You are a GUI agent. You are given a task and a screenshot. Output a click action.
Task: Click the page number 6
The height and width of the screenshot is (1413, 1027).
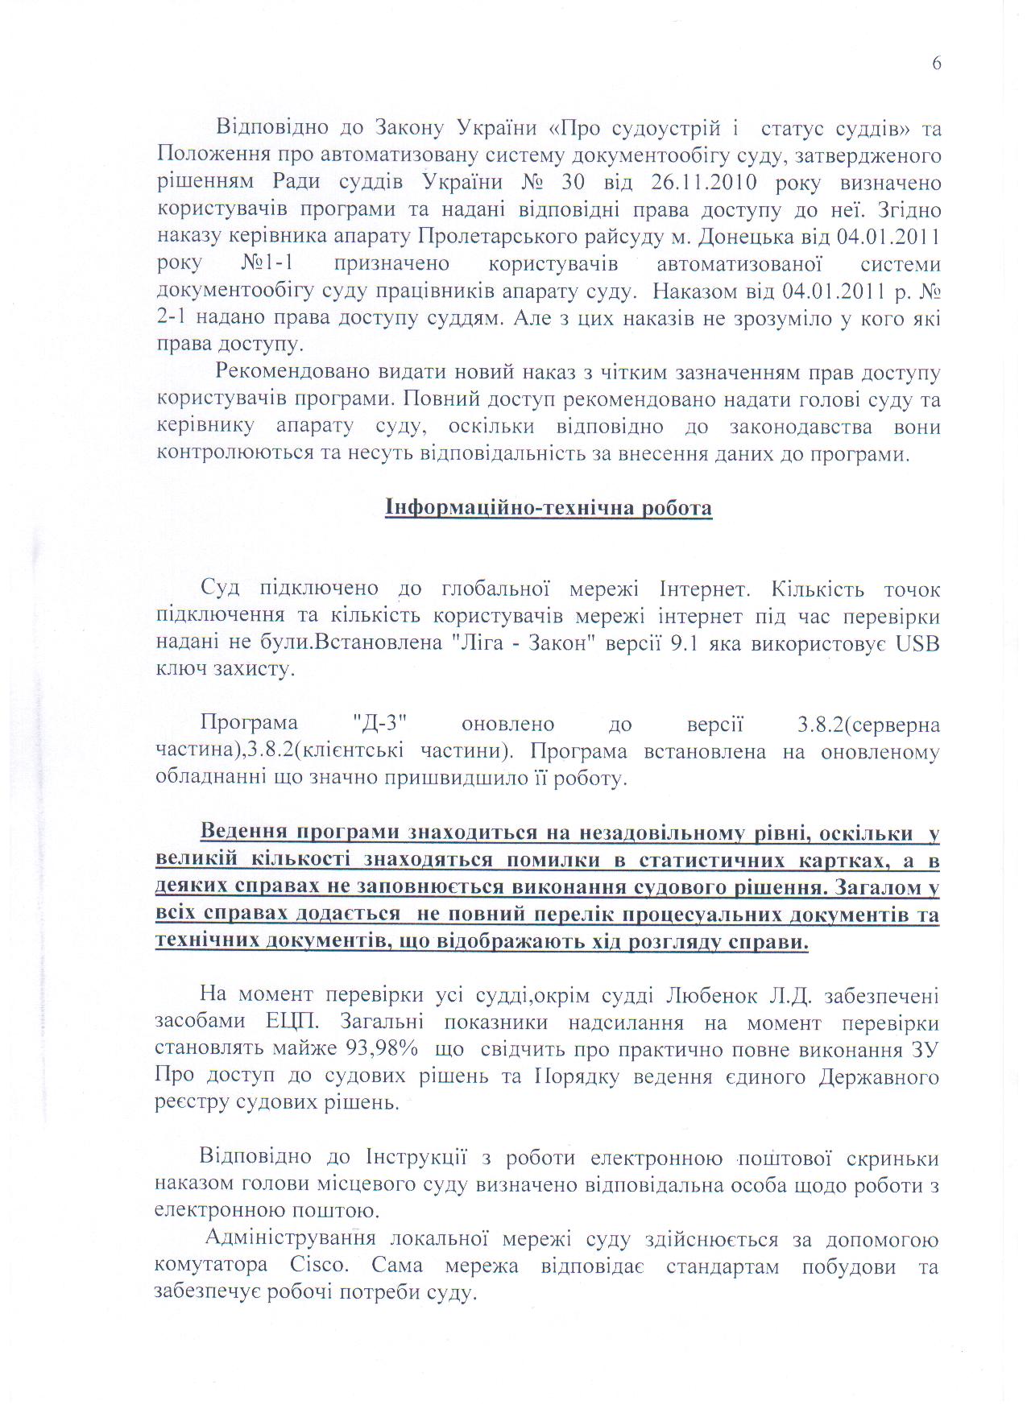[x=936, y=64]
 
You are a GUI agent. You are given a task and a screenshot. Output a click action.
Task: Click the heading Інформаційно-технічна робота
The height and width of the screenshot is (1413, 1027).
[x=548, y=508]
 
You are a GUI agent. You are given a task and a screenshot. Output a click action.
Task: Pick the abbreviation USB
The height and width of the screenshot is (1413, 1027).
[x=917, y=643]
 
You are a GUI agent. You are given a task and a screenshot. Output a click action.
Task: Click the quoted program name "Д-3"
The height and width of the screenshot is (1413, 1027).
[x=378, y=724]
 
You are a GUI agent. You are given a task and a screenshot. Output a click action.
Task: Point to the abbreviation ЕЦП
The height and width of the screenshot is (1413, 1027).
[x=295, y=1023]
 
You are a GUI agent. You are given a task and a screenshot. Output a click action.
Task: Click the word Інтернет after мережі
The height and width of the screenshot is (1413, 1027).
[x=705, y=589]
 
